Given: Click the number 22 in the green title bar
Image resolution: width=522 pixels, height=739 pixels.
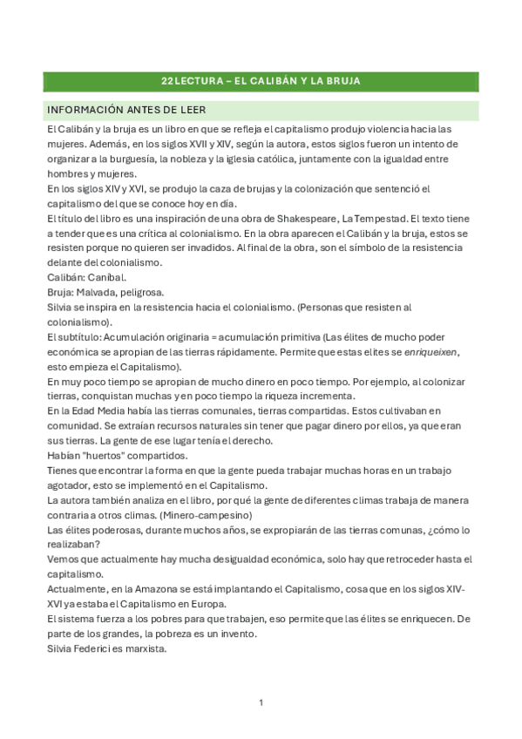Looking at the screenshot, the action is click(x=167, y=81).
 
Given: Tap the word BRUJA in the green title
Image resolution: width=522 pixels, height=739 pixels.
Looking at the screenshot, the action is click(x=342, y=81).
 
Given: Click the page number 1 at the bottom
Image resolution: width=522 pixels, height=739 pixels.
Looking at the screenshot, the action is click(x=261, y=702).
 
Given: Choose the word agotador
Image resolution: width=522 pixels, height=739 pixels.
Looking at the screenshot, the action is click(x=71, y=485).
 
